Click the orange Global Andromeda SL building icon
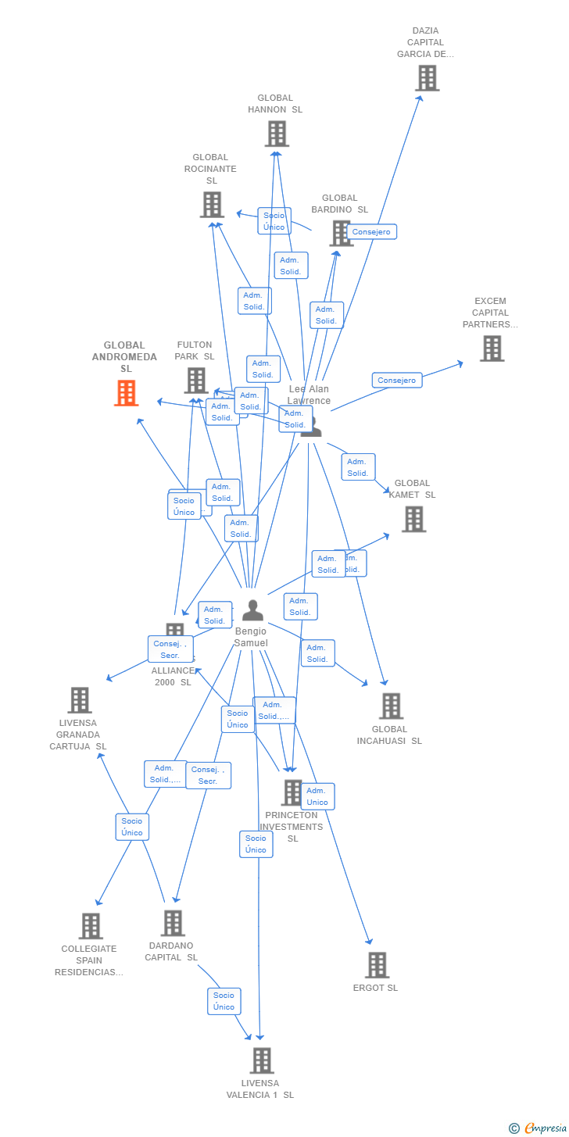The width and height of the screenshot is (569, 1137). [126, 393]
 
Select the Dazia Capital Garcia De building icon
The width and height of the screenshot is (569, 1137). [427, 78]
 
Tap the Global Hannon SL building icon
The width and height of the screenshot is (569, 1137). [277, 134]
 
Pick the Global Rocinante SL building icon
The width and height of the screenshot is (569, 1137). [212, 205]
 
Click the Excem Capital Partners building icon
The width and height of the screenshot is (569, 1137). [492, 349]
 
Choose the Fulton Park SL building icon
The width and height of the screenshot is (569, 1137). [195, 381]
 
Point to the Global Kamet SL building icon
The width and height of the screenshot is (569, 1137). [413, 519]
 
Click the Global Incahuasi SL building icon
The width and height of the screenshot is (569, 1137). [391, 706]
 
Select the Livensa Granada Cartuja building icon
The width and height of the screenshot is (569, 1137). [79, 700]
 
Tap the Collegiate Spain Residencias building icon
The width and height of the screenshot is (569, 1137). [91, 926]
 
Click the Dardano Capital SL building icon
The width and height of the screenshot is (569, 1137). [173, 923]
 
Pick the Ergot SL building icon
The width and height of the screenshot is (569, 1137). [377, 965]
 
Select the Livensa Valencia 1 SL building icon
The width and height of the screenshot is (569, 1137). [261, 1060]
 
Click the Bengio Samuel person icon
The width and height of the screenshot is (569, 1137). [252, 610]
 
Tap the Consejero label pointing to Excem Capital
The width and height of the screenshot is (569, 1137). [397, 381]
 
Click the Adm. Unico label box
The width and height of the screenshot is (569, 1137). [317, 796]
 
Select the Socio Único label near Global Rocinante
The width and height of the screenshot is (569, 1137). [274, 221]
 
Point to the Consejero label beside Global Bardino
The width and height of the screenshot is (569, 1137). [371, 232]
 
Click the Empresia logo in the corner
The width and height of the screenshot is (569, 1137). [539, 1128]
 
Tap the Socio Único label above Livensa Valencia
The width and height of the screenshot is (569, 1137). [224, 1001]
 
